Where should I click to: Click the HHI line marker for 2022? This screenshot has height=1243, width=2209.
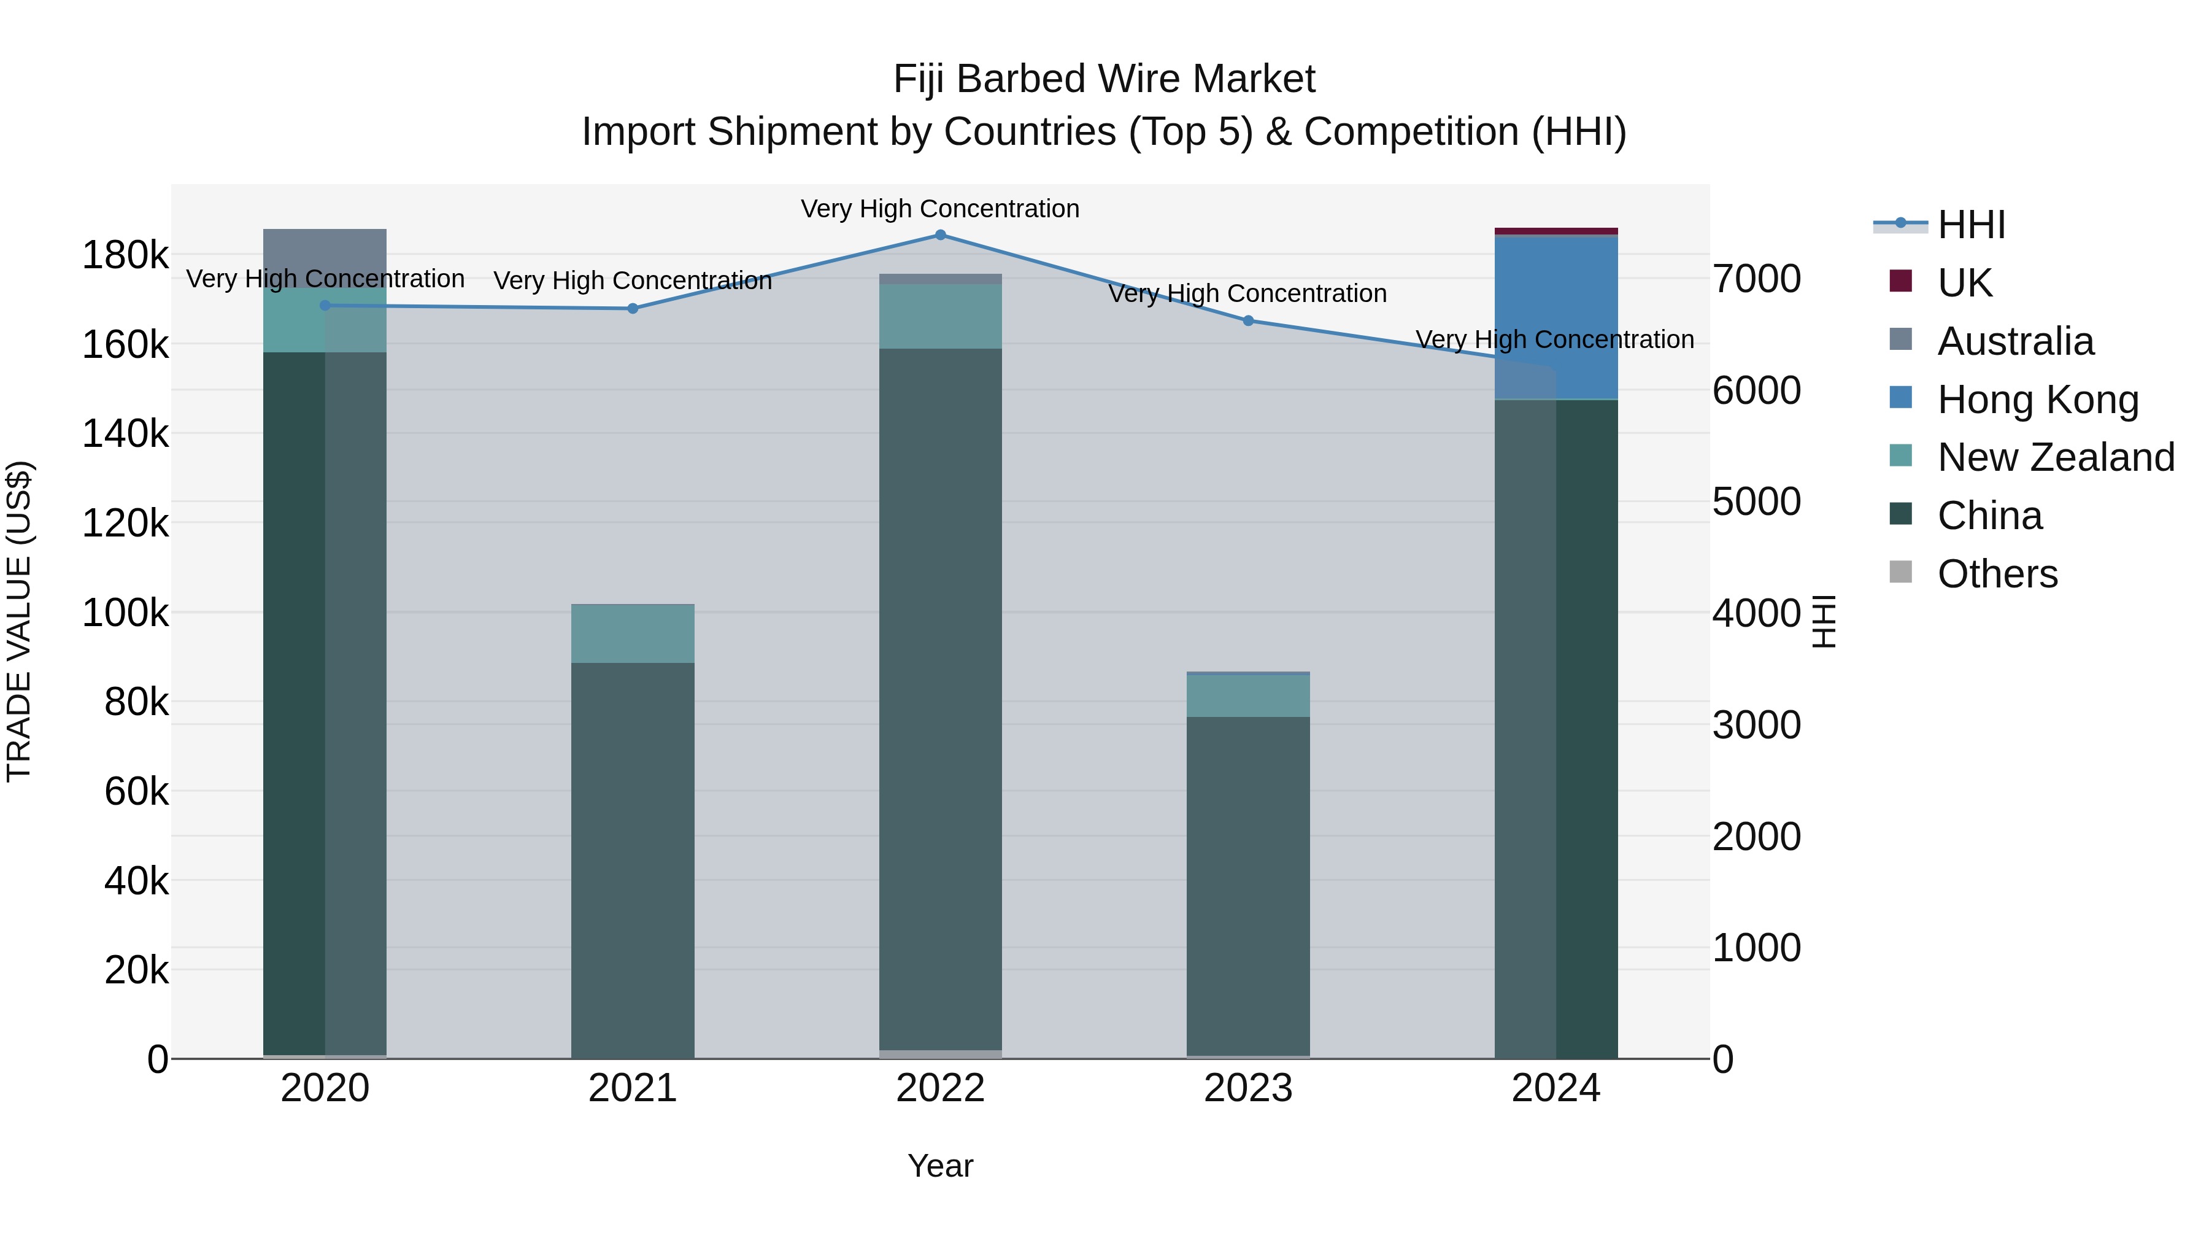pos(940,235)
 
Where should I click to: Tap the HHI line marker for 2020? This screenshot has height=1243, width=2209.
pos(325,306)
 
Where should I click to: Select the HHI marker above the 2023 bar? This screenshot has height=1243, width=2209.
pos(1247,321)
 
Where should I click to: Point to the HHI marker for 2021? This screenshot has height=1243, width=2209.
pos(633,309)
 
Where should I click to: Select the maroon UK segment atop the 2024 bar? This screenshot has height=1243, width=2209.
pos(1556,231)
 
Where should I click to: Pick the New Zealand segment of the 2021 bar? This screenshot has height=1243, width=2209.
pos(633,633)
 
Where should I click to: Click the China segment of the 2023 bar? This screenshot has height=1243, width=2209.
pos(1247,883)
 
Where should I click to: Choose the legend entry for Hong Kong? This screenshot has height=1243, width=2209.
pos(2037,400)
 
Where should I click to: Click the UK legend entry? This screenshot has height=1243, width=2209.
pos(1964,283)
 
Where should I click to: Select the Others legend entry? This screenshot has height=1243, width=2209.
pos(1996,574)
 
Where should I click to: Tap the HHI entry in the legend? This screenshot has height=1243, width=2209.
pos(1970,225)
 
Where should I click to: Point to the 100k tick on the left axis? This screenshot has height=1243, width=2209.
pos(125,613)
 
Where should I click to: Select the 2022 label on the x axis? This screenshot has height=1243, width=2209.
pos(940,1088)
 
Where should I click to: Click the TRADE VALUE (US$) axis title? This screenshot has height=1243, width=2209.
pos(19,621)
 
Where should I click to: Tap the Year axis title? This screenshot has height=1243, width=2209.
pos(940,1166)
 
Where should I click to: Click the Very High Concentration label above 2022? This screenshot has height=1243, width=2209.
pos(940,209)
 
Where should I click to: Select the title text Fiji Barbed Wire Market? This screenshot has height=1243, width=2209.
pos(1104,79)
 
